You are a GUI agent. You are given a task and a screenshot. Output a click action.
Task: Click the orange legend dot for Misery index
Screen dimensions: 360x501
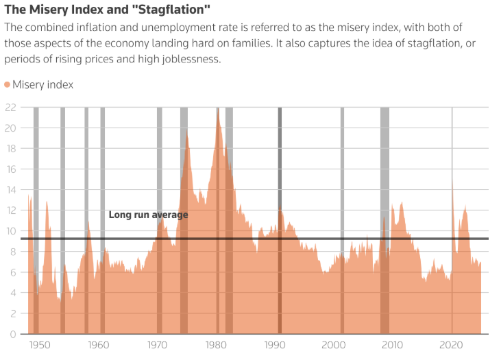(8, 84)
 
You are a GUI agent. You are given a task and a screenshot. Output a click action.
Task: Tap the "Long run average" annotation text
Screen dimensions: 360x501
(148, 215)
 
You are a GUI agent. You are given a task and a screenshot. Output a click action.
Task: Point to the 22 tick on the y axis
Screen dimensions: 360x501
(10, 107)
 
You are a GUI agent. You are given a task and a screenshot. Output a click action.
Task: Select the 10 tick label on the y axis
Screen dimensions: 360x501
(10, 231)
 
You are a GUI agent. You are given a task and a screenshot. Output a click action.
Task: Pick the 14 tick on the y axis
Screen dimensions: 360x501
(10, 190)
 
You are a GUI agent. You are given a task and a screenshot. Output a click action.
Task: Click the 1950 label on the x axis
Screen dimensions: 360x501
(40, 345)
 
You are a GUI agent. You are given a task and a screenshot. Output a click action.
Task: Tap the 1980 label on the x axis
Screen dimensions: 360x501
(217, 345)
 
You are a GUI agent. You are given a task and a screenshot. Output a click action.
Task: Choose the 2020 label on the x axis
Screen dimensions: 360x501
(452, 345)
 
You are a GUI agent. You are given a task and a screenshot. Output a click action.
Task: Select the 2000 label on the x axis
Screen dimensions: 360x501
(334, 345)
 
